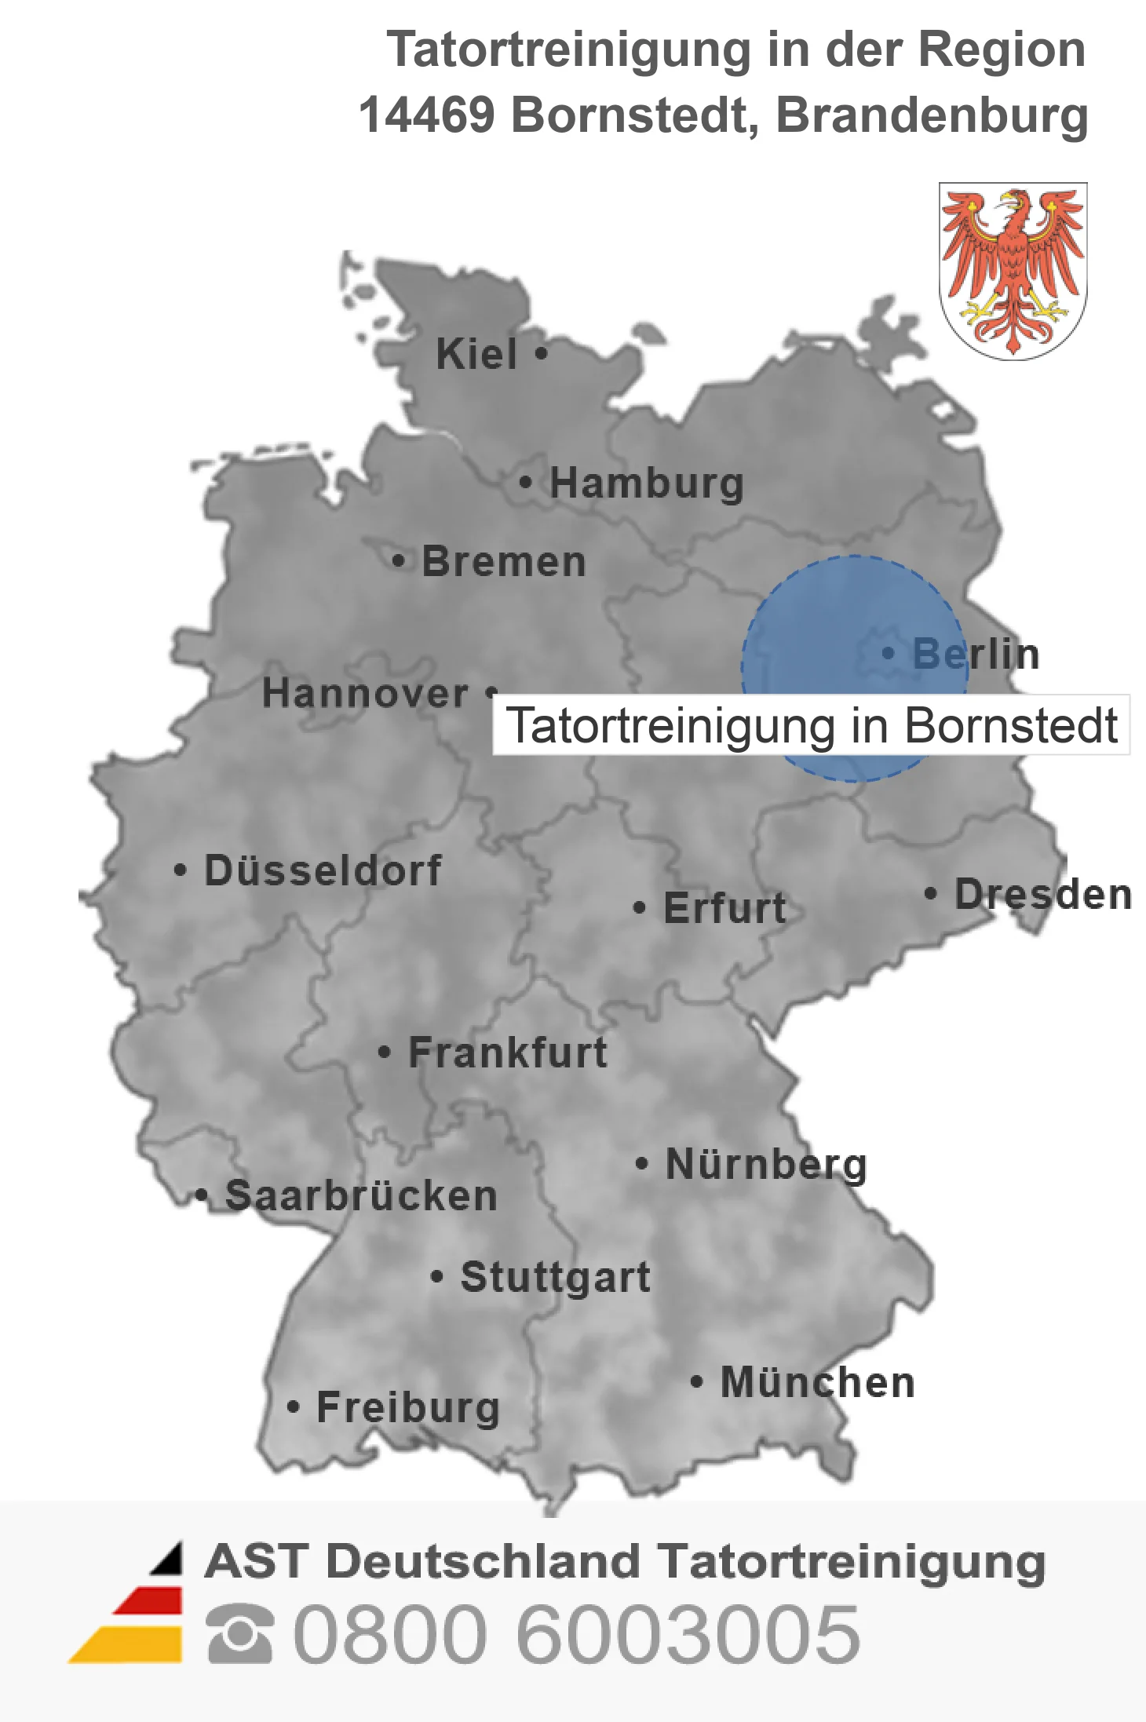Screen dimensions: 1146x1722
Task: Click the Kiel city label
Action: tap(476, 354)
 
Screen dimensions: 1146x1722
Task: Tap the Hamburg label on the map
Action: tap(646, 483)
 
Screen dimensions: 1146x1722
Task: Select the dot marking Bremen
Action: tap(399, 561)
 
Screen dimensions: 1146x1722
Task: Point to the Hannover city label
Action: tap(365, 693)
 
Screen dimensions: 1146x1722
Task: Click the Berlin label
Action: tap(976, 654)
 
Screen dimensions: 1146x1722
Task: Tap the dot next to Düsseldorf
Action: tap(181, 870)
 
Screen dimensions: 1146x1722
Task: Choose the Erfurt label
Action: tap(724, 908)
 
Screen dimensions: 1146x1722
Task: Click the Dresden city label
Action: tap(1042, 894)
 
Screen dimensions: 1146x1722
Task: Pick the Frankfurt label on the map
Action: tap(507, 1053)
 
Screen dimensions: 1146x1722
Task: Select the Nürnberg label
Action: tap(766, 1164)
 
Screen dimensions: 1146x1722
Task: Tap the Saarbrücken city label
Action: tap(361, 1196)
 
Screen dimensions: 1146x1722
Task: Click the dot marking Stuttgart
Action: tap(437, 1277)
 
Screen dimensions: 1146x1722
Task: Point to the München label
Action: tap(817, 1382)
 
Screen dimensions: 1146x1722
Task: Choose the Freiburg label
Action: tap(408, 1407)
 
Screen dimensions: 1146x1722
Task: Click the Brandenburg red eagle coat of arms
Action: tap(1013, 271)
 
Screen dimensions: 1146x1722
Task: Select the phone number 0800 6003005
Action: tap(577, 1634)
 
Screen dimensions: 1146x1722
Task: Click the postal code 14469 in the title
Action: tap(426, 115)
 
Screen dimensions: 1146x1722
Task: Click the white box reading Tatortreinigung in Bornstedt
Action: tap(811, 725)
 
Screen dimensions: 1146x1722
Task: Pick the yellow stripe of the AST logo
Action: tap(130, 1644)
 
